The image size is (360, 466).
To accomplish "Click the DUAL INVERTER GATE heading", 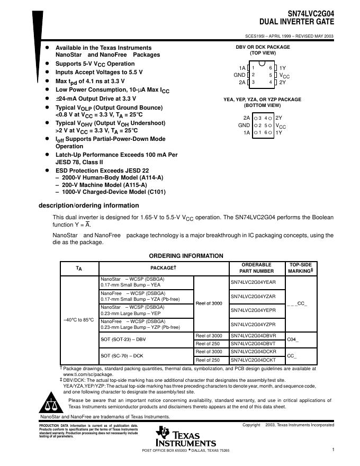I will coord(296,22).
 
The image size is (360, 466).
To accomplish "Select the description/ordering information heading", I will coord(89,205).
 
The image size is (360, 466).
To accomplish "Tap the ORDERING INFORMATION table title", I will coord(186,256).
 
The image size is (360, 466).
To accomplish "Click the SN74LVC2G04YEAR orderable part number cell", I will coord(253,283).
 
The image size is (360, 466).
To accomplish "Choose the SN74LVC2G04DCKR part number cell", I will coord(253,352).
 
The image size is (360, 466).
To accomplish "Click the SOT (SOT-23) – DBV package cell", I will coord(123,339).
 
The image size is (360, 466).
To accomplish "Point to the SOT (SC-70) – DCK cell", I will coord(122,355).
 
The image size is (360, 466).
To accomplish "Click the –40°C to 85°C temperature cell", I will coord(79,320).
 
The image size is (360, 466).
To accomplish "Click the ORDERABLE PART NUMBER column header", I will coord(256,268).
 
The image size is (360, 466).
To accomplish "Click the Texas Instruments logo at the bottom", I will coord(185,437).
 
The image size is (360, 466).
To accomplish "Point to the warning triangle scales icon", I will coord(51,404).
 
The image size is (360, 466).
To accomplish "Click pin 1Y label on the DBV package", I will coord(283,68).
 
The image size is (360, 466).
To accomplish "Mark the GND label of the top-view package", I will coord(239,75).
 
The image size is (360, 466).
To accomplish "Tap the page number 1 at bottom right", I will coord(333,450).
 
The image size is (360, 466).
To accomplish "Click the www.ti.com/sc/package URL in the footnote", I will coord(84,374).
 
